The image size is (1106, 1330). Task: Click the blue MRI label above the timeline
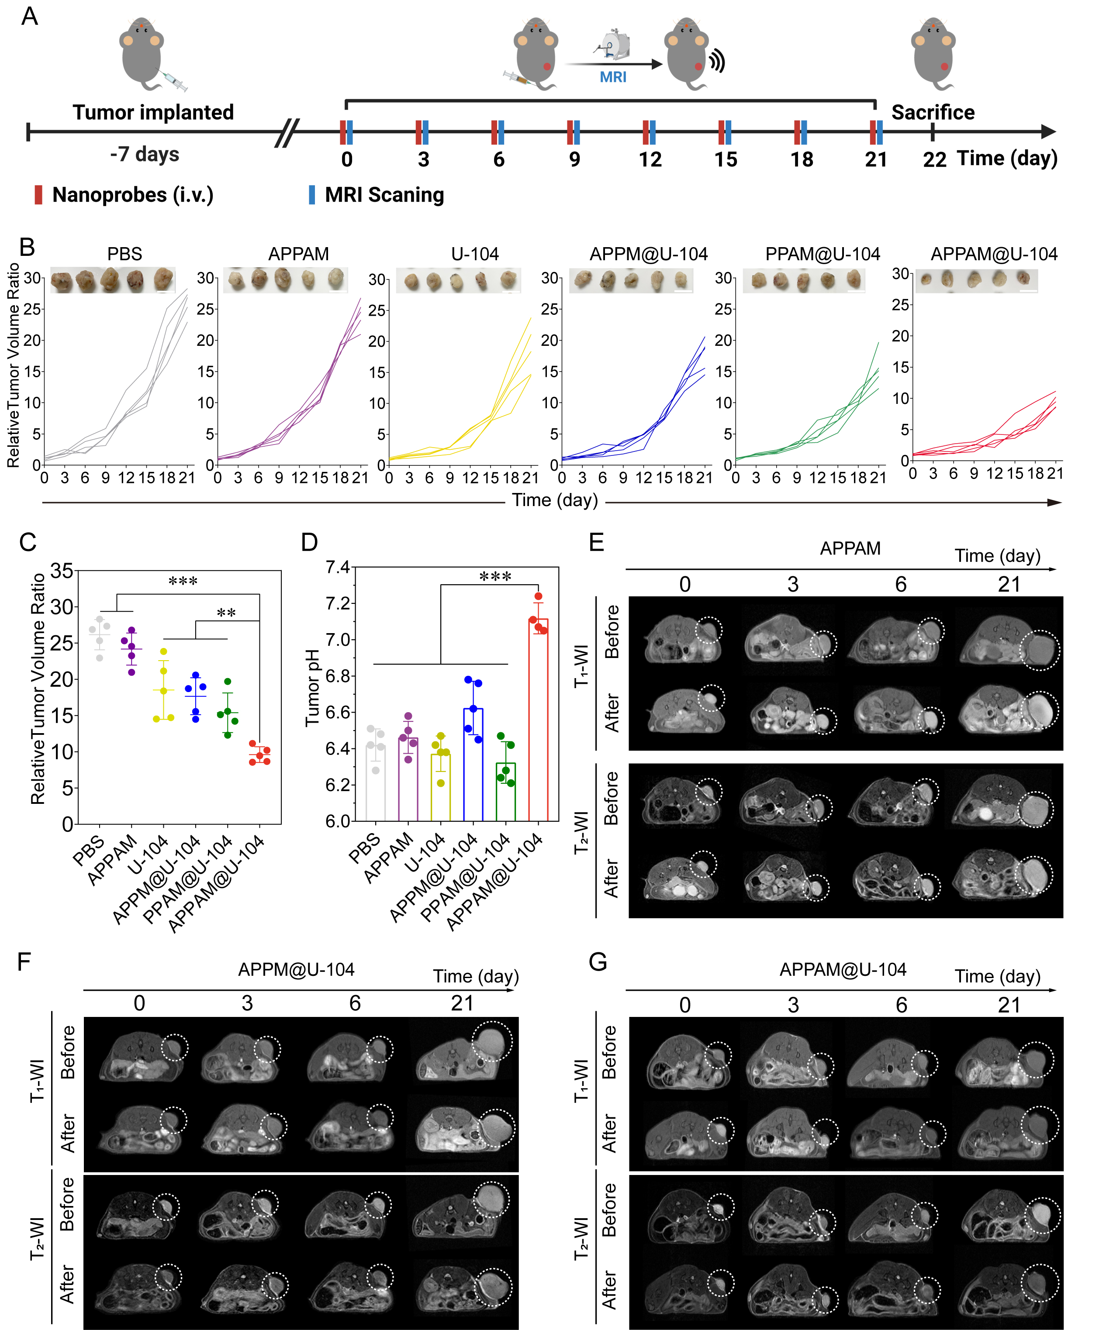point(612,77)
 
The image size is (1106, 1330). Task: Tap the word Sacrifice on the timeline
point(933,113)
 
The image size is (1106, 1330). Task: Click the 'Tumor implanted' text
point(153,113)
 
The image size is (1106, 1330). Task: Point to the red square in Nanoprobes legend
point(38,194)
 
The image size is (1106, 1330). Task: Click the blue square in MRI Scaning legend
point(311,194)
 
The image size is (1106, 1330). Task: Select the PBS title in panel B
point(125,254)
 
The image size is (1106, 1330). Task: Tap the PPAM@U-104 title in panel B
point(822,254)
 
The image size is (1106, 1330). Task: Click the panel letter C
point(28,543)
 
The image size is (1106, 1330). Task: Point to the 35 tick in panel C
point(62,571)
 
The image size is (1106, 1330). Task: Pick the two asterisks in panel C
point(226,613)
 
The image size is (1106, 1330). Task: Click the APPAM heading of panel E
point(850,548)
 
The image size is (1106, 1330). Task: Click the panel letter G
point(598,962)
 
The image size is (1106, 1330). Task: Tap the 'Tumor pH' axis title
point(312,688)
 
